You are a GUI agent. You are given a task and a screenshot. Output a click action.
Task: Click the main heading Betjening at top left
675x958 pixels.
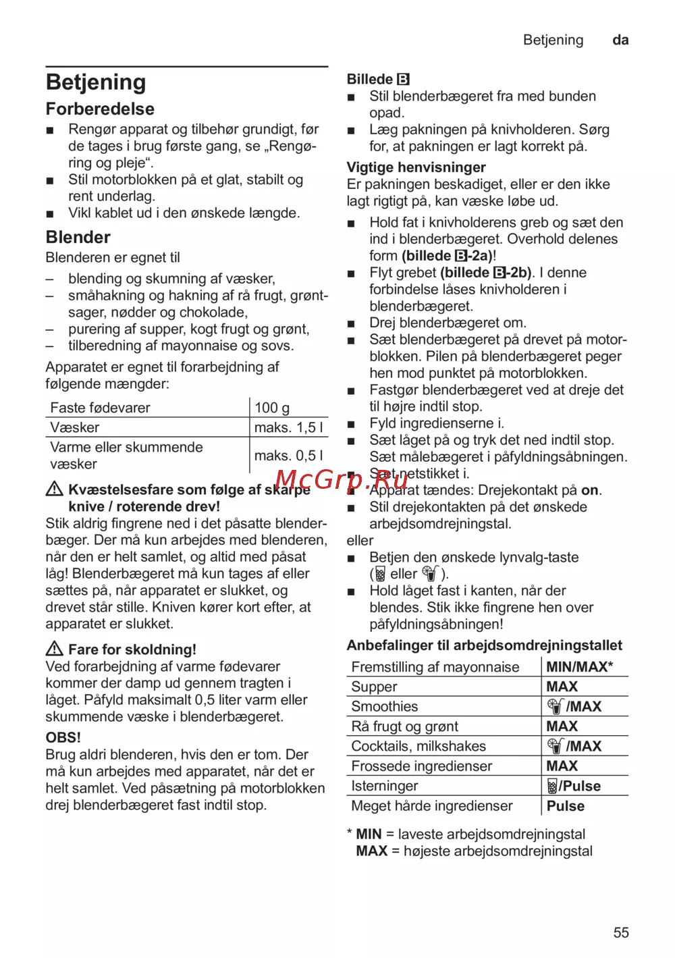click(x=96, y=82)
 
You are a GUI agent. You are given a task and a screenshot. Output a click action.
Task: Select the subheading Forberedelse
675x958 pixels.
click(x=100, y=109)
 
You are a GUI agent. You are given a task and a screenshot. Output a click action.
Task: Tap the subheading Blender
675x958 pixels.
click(x=78, y=237)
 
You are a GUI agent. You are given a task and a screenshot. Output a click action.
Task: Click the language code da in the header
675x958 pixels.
click(x=620, y=40)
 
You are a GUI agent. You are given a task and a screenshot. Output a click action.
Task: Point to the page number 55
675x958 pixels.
click(x=621, y=932)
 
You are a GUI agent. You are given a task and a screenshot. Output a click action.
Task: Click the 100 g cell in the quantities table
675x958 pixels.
click(x=272, y=408)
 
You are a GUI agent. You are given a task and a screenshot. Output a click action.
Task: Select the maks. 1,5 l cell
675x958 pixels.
click(x=288, y=427)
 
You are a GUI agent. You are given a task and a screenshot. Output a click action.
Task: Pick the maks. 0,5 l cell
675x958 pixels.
click(x=288, y=456)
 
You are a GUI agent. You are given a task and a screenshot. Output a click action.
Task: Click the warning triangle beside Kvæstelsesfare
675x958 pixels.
click(x=55, y=489)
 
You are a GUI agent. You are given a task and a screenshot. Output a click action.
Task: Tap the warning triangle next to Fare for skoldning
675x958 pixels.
click(x=55, y=649)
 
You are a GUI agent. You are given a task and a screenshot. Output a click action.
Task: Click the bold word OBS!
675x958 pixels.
click(x=63, y=737)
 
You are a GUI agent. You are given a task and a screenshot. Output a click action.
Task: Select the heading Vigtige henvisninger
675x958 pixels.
click(x=416, y=167)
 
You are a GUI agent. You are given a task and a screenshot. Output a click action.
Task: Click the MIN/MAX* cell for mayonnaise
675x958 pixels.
click(x=579, y=667)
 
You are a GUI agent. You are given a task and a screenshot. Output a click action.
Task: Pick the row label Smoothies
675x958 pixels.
click(x=384, y=707)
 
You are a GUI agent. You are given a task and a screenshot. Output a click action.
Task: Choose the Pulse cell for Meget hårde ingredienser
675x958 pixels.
click(x=565, y=806)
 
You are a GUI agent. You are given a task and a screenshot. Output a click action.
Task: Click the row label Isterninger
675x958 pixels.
click(x=384, y=786)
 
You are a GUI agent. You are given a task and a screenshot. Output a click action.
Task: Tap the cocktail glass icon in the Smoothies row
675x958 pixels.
click(x=555, y=707)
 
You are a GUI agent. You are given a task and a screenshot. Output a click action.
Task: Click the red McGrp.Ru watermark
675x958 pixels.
click(x=342, y=479)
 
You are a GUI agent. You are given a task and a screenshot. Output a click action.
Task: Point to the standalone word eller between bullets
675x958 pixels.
click(x=360, y=541)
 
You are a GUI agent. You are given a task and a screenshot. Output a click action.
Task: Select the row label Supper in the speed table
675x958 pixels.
click(x=374, y=687)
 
